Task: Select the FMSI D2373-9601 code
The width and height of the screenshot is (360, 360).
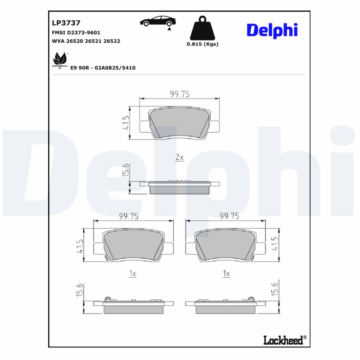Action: pos(76,32)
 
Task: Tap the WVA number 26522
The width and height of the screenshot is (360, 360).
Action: pos(112,41)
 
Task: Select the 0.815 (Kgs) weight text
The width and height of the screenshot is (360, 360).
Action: pos(202,44)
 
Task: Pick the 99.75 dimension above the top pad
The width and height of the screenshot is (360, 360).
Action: pos(179,94)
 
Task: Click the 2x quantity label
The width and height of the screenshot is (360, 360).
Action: pos(179,157)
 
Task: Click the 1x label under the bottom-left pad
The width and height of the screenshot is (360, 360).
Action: pos(132,274)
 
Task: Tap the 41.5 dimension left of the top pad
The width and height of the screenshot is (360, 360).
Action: pos(126,122)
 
